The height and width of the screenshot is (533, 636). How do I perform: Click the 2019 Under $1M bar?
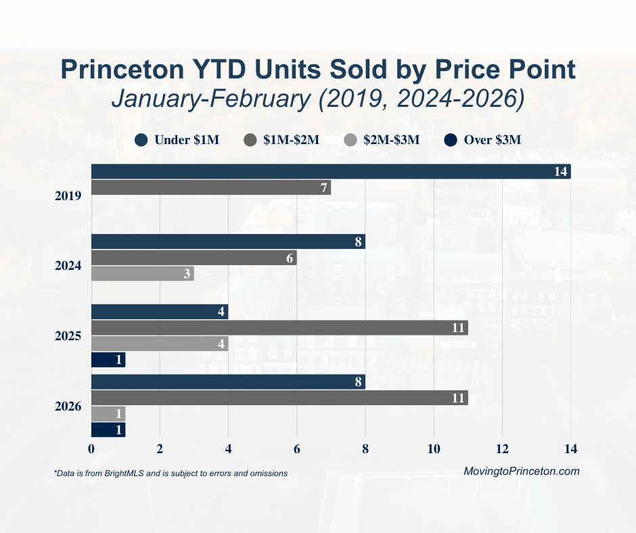pyautogui.click(x=330, y=172)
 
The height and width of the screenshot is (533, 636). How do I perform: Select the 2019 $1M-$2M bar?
pyautogui.click(x=210, y=187)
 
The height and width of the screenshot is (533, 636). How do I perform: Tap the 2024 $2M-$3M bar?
pyautogui.click(x=142, y=273)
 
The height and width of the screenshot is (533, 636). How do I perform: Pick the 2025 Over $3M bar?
pyautogui.click(x=108, y=360)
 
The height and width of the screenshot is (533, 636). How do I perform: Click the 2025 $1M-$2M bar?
pyautogui.click(x=279, y=328)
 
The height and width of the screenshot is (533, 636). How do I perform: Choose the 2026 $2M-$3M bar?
pyautogui.click(x=108, y=413)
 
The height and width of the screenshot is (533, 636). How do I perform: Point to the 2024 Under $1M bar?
pyautogui.click(x=228, y=242)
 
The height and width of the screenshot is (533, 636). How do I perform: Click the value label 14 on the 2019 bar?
pyautogui.click(x=560, y=172)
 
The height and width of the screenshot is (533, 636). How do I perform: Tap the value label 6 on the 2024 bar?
pyautogui.click(x=289, y=258)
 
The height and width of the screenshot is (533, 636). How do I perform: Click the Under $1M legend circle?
pyautogui.click(x=141, y=140)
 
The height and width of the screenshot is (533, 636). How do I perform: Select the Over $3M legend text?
pyautogui.click(x=492, y=141)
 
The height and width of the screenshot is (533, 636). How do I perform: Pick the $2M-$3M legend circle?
pyautogui.click(x=350, y=140)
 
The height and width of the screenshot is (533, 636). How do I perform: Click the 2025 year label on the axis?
pyautogui.click(x=68, y=336)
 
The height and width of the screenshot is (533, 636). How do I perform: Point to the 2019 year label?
pyautogui.click(x=68, y=196)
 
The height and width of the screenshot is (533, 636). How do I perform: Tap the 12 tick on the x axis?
pyautogui.click(x=502, y=448)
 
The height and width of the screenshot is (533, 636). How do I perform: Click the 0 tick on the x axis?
pyautogui.click(x=91, y=448)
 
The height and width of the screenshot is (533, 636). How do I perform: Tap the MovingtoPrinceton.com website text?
pyautogui.click(x=522, y=471)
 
